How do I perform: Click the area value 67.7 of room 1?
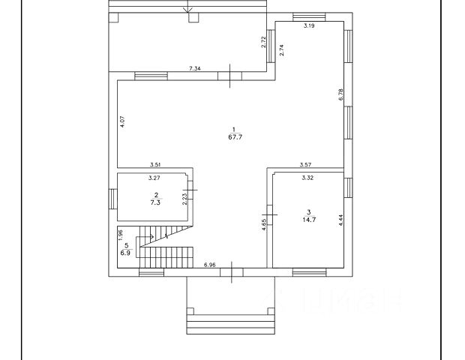234,137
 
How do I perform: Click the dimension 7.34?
193,69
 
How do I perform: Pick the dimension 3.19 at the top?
308,26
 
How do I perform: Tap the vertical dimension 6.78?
340,94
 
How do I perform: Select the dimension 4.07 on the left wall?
122,121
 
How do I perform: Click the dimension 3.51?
156,165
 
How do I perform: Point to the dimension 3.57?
306,165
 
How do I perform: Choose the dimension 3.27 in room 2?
154,178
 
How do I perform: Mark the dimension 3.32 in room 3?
307,178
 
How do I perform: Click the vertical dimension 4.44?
340,221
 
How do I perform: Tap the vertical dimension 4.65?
263,224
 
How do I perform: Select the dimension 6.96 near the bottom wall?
210,265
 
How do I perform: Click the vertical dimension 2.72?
264,43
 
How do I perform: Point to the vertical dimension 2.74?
281,50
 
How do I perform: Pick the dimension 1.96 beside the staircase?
121,234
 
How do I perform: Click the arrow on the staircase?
148,238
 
